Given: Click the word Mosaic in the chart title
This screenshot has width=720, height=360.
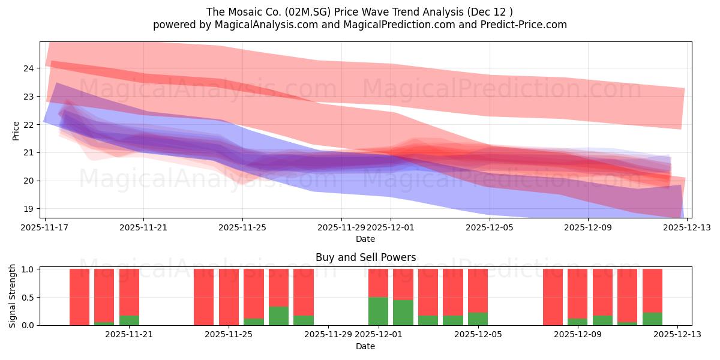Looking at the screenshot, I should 248,11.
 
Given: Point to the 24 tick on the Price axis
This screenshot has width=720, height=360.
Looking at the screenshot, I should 28,68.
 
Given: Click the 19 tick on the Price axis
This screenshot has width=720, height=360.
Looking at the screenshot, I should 28,209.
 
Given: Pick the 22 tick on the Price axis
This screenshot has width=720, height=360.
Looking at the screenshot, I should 28,125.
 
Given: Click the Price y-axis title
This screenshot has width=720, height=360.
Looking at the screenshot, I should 16,131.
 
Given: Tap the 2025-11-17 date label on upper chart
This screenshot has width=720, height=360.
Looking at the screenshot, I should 45,227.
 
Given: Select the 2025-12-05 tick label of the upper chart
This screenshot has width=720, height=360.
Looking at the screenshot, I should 490,227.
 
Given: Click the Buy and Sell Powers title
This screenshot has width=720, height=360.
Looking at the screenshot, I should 365,257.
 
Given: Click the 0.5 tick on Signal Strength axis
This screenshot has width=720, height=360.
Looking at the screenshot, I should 28,298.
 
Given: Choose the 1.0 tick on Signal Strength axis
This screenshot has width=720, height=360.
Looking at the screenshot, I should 28,269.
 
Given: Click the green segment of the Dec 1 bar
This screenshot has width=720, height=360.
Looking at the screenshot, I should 378,311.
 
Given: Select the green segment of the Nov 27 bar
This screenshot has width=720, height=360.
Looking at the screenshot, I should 278,316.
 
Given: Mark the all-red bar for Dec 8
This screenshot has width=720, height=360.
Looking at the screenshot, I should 553,297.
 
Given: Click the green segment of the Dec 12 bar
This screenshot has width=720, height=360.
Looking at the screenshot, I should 652,319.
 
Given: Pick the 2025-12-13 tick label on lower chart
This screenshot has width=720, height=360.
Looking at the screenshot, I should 677,335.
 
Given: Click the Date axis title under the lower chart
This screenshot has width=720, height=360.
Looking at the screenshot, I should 365,346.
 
